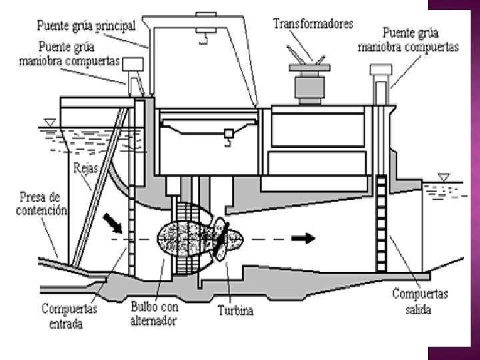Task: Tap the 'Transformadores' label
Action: point(313,23)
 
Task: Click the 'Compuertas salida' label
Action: point(420,301)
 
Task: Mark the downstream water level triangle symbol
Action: point(443,177)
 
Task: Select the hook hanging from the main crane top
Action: point(201,37)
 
